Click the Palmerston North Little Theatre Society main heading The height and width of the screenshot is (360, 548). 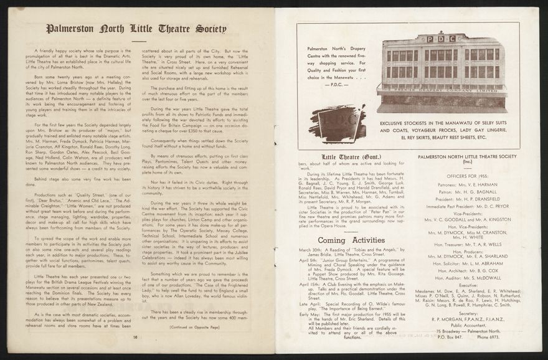point(136,29)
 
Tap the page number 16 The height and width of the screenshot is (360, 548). point(135,336)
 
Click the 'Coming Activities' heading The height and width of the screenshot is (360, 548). point(351,240)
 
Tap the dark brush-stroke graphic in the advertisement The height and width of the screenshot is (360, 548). point(337,123)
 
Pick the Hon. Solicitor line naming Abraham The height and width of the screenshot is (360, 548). point(468,263)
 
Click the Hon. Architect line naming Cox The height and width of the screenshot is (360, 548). point(468,270)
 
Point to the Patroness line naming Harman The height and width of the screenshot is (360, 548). point(468,185)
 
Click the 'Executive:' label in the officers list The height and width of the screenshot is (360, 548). point(468,285)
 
